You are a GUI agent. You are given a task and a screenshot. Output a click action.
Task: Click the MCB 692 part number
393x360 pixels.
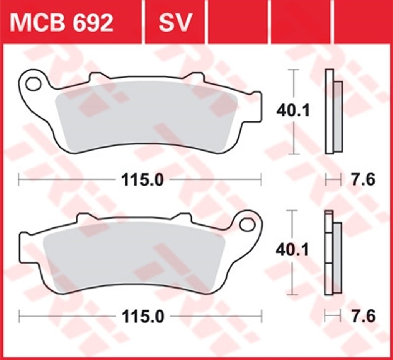61,23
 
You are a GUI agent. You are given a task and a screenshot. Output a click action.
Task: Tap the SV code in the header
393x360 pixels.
175,23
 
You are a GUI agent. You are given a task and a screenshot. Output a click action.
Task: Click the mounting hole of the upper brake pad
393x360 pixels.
34,84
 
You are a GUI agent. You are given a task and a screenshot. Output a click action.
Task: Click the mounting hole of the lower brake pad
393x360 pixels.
247,224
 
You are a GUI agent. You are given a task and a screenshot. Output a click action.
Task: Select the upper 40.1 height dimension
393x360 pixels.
293,111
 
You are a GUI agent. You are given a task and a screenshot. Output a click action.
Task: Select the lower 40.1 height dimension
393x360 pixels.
292,251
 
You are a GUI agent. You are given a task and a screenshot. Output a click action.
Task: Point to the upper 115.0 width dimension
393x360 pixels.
142,180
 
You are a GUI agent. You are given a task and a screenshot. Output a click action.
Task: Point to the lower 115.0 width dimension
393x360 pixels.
142,317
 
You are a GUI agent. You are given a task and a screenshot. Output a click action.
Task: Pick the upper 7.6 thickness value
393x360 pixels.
363,180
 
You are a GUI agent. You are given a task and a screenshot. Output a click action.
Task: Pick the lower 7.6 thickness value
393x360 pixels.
363,316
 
